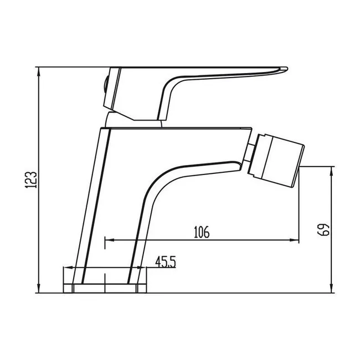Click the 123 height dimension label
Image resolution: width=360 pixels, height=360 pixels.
coord(30,180)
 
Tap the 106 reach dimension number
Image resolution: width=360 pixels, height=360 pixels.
coord(202,232)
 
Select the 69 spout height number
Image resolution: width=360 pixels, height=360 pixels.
coord(323,229)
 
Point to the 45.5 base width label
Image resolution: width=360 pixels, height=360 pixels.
coord(165,262)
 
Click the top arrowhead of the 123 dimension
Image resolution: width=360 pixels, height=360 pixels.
coord(39,71)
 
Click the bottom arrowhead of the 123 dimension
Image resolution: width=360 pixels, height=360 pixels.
coord(39,289)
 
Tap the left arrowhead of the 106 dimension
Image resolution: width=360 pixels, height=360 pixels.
coord(110,240)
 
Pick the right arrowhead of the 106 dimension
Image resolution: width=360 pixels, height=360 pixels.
coord(294,240)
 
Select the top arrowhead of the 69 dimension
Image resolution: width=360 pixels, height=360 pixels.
coord(331,171)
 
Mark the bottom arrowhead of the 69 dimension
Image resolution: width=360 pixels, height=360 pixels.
coord(331,289)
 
